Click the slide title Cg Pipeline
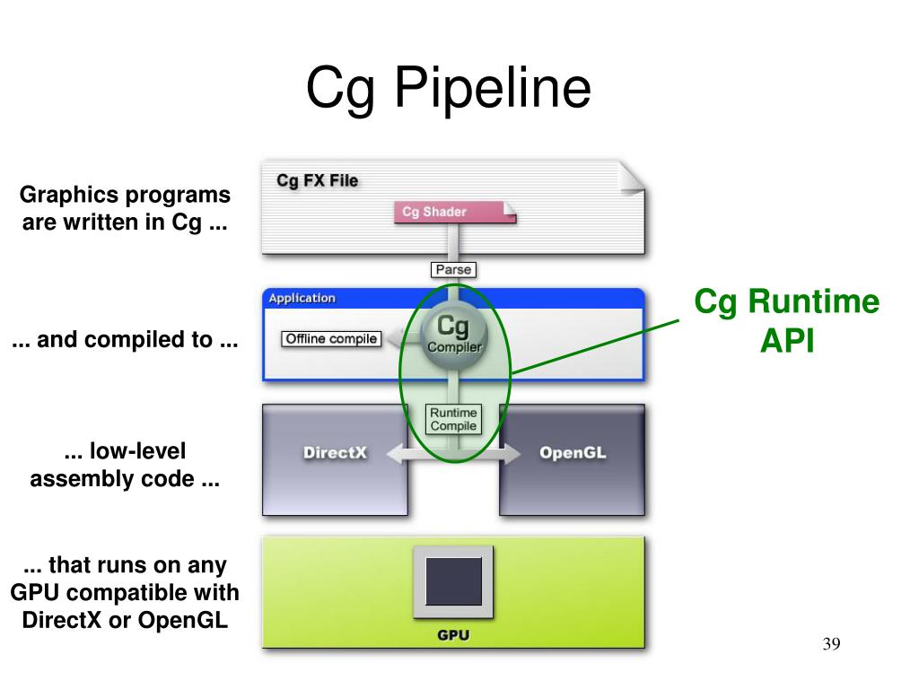(x=449, y=88)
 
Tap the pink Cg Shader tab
(x=455, y=212)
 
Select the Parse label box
(x=453, y=269)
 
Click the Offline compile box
(x=331, y=339)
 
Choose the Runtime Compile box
(x=453, y=420)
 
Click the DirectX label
(x=335, y=453)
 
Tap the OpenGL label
(x=573, y=453)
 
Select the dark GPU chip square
(x=453, y=581)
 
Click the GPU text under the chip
(x=453, y=635)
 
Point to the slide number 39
(x=831, y=644)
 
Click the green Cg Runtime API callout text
(x=786, y=320)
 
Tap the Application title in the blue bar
(x=302, y=298)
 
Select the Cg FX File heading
(x=317, y=180)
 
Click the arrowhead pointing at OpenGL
(x=511, y=453)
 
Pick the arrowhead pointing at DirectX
(x=396, y=453)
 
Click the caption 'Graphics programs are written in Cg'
(x=125, y=208)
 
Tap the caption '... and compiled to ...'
(x=125, y=340)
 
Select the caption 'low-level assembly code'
(x=125, y=466)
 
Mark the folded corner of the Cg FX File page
(x=632, y=178)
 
